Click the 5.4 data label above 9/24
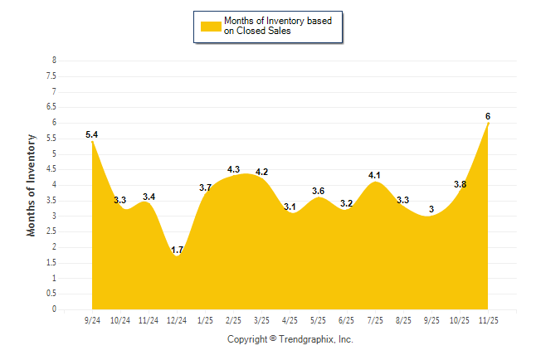click(x=92, y=134)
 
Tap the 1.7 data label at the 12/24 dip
click(x=177, y=249)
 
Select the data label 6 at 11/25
click(x=488, y=116)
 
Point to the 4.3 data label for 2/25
click(x=233, y=169)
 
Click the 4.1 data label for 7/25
click(x=374, y=175)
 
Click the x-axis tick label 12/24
click(x=177, y=320)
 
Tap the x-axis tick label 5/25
click(x=318, y=320)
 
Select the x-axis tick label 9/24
click(x=92, y=320)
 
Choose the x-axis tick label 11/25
click(x=488, y=320)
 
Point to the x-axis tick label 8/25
click(x=403, y=320)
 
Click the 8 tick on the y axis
click(x=54, y=61)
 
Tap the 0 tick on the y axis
click(x=54, y=309)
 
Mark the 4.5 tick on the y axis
click(x=51, y=169)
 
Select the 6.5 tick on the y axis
click(x=51, y=107)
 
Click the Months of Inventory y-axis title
click(x=32, y=185)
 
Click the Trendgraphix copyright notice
click(x=290, y=339)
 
